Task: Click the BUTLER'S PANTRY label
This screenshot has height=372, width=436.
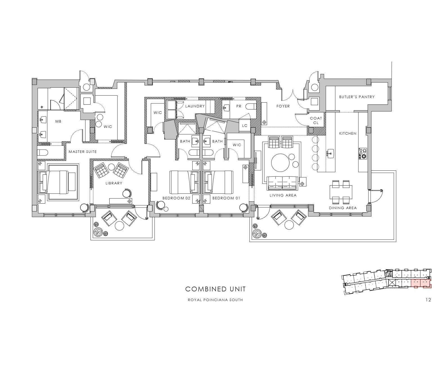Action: (357, 97)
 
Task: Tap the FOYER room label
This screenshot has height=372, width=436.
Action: (283, 106)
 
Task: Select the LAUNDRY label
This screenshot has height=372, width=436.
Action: (195, 106)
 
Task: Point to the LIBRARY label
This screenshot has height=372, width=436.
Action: (114, 183)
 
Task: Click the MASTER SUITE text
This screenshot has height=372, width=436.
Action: (83, 152)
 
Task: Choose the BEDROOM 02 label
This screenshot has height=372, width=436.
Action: (176, 198)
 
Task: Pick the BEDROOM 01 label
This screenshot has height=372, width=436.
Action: (226, 198)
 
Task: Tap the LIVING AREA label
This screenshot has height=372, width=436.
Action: (283, 195)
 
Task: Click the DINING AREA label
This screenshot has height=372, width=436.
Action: (343, 208)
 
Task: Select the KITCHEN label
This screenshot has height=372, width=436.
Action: (348, 134)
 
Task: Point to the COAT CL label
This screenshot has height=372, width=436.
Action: (316, 120)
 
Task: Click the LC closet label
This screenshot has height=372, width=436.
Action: (245, 126)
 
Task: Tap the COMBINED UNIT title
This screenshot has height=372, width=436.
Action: (215, 289)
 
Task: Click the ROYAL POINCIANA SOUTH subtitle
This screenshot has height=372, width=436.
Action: (215, 300)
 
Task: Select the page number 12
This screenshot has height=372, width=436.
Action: (428, 300)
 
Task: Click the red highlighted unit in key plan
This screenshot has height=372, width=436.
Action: (421, 283)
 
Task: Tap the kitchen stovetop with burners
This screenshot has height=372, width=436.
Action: (362, 154)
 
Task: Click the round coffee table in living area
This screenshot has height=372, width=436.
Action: (280, 163)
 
